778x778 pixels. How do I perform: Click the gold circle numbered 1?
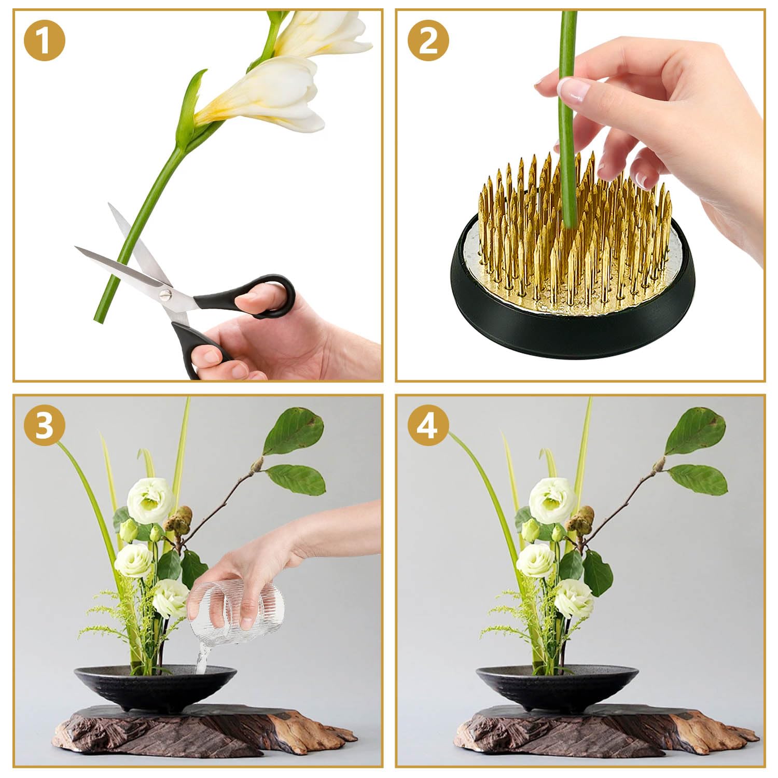coord(44,41)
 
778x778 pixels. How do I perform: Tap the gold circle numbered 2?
coord(427,41)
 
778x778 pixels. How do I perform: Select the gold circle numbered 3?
coord(44,426)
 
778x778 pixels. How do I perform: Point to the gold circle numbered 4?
coord(427,426)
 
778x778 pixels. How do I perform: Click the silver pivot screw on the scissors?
coord(165,295)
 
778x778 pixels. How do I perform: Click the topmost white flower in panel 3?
coord(149,501)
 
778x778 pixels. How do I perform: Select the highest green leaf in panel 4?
coord(695,430)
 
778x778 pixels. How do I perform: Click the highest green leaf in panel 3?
coord(294,430)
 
